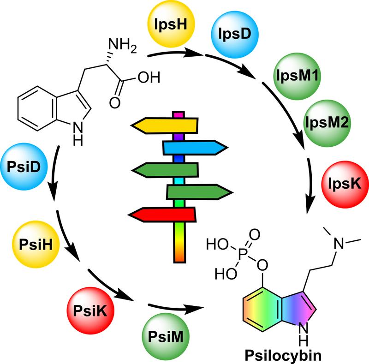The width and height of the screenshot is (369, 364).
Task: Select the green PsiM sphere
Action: (167, 335)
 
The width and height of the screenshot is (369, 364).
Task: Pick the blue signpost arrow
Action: (194, 147)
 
